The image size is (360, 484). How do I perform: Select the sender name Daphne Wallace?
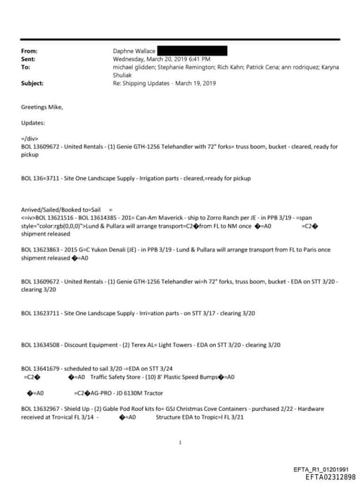click(133, 51)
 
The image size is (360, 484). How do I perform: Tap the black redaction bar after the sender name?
click(191, 51)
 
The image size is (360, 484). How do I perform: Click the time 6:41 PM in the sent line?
click(198, 59)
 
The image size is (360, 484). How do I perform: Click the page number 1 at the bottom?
click(181, 442)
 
